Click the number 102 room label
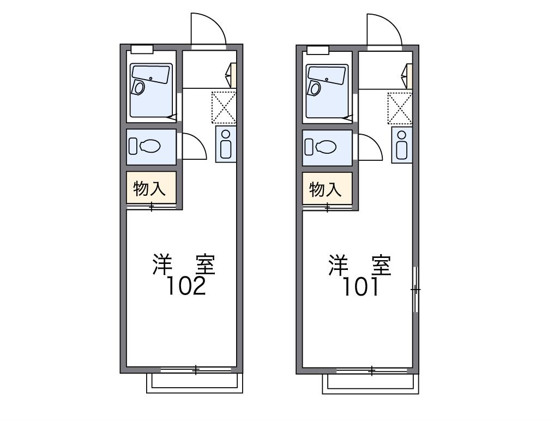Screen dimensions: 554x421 point(186,286)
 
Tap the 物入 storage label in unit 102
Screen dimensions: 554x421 point(149,188)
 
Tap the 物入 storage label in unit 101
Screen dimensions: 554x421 point(326,189)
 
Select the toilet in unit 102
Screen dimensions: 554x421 point(145,146)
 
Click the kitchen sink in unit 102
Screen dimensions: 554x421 point(226,143)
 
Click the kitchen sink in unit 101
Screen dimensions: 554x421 point(402,145)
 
